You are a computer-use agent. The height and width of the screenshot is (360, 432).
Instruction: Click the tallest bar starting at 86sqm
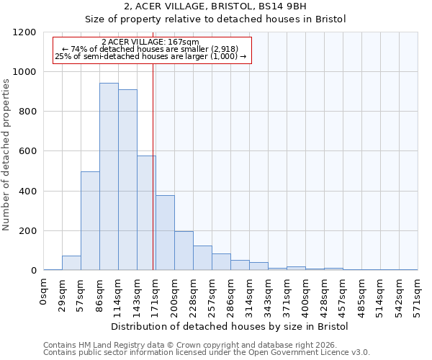(x=109, y=176)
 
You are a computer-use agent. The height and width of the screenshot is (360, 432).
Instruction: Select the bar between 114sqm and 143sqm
(x=127, y=180)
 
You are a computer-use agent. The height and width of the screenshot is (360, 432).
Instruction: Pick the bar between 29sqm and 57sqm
(x=71, y=263)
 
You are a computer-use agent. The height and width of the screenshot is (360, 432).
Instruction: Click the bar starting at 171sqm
(x=165, y=233)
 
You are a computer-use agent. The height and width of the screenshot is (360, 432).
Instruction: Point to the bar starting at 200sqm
(x=184, y=251)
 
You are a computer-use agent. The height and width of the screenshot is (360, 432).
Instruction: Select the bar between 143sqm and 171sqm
(x=146, y=213)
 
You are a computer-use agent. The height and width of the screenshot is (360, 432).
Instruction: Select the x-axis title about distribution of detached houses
(x=230, y=327)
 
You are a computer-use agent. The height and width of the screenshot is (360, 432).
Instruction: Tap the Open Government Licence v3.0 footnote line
(x=207, y=352)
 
